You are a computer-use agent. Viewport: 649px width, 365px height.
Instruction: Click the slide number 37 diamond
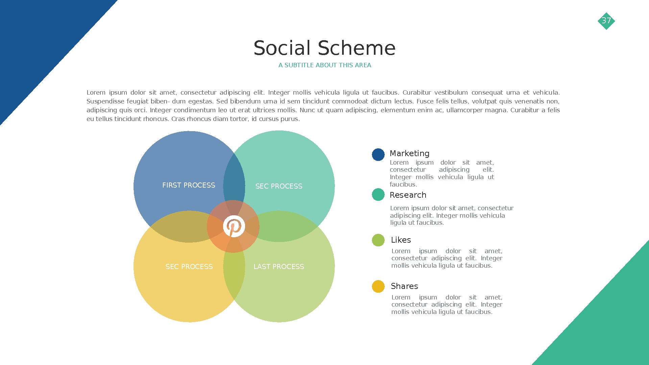click(606, 21)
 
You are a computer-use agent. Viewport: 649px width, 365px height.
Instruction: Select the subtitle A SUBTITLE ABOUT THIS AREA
click(324, 65)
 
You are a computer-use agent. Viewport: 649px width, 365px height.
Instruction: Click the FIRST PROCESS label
click(189, 185)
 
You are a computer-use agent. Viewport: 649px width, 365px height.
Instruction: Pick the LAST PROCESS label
click(279, 267)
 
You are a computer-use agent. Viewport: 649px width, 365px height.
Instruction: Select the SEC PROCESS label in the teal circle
click(279, 186)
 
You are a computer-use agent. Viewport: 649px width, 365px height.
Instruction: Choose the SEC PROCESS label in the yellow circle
click(189, 267)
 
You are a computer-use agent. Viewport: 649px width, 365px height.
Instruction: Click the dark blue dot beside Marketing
click(378, 155)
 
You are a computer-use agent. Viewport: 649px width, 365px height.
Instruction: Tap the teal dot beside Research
click(378, 195)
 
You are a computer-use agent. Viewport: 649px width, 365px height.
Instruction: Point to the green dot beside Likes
click(378, 240)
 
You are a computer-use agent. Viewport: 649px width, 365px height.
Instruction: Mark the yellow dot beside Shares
click(378, 287)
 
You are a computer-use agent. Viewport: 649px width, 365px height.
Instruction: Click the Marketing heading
click(409, 153)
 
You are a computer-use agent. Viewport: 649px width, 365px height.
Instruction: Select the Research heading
click(408, 195)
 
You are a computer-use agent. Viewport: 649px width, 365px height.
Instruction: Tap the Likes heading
click(401, 240)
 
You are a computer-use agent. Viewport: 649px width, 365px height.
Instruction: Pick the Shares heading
click(404, 286)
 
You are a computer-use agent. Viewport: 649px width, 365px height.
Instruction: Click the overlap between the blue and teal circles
click(234, 179)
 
